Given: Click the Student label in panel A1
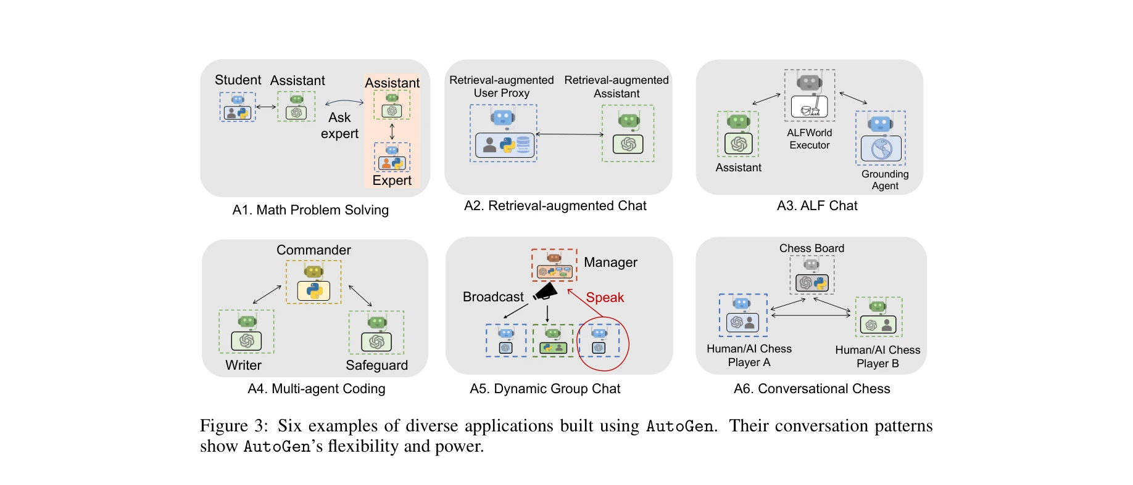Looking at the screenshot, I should point(238,80).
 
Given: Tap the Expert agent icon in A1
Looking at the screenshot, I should point(392,158).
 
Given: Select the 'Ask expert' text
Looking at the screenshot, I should point(339,126).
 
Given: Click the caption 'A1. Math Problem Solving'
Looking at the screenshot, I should point(310,210).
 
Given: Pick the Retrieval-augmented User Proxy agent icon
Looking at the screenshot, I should point(504,134).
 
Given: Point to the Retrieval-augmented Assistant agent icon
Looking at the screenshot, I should point(628,134).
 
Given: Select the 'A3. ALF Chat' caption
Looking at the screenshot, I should point(817,206).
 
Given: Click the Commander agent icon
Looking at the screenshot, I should point(313,282).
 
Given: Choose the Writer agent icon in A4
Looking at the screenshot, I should point(247,332).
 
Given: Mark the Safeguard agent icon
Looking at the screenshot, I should point(376,332).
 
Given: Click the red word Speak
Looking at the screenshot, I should point(605,298).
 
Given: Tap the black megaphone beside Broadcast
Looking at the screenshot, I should point(546,291).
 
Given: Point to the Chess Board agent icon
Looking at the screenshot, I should point(812,275).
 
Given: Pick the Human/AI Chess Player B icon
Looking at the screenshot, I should point(879,317).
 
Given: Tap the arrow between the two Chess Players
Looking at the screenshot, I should point(811,316).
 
